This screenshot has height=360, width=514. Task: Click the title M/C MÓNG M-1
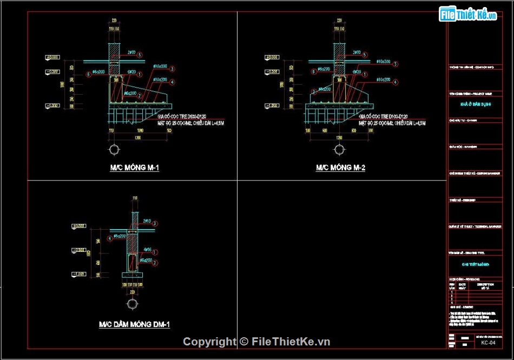coord(135,168)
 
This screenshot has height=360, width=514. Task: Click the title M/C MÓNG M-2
coord(340,168)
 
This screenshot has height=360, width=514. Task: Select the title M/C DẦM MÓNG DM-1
coord(134,324)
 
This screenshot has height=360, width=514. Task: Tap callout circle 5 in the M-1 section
coord(140,55)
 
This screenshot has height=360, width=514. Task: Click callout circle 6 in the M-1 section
coord(88,74)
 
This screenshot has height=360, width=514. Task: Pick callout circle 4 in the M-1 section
coord(172,82)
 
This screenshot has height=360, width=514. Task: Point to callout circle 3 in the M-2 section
coord(396,64)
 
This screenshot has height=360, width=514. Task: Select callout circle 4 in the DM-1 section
coord(110,238)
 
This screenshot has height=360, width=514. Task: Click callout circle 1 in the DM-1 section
coord(155,252)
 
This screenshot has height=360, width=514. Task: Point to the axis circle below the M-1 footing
coord(115,150)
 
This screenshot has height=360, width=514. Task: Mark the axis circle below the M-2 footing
coord(339,150)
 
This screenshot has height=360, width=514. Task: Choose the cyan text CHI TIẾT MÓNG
coord(476,264)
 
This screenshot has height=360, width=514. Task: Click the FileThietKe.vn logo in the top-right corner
coord(469,15)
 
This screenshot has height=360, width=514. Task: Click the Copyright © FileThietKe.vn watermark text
coord(256,342)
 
